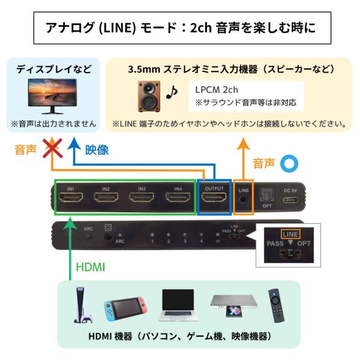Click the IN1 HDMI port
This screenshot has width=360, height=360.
[71, 197]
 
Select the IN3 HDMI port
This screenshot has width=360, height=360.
[142, 197]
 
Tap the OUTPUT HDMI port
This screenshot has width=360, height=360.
[214, 197]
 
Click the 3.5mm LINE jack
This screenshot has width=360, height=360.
[243, 199]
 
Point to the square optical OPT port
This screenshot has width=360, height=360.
[267, 196]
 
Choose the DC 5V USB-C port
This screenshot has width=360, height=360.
[290, 200]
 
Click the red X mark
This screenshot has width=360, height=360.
[53, 148]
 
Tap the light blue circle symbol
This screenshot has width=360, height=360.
[289, 163]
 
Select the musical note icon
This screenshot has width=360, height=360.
[172, 92]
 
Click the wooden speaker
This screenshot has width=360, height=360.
[149, 96]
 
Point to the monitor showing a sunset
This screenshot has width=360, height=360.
[52, 96]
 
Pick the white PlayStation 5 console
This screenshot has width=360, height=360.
[82, 304]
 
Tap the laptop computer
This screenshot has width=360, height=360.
[178, 305]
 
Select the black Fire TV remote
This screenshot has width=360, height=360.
[276, 305]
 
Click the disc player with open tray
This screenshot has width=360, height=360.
[233, 305]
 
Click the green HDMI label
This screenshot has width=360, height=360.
[91, 267]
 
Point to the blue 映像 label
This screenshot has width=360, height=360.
[97, 150]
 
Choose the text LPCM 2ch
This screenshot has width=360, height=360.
[217, 90]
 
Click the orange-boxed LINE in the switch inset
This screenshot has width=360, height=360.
[290, 234]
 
